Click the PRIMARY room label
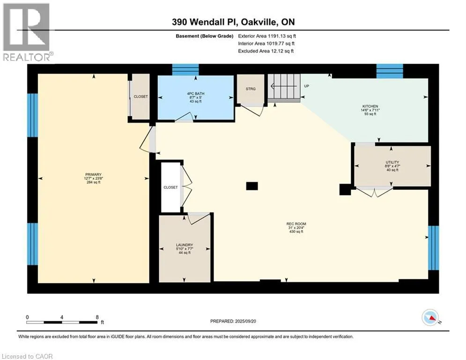pos(93,175)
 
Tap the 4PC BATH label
pos(196,94)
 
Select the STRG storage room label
pos(251,89)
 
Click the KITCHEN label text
pos(370,106)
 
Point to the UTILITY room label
pos(392,163)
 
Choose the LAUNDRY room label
pos(185,245)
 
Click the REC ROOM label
pos(296,224)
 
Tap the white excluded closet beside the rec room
pos(170,187)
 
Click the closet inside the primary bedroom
pos(141,97)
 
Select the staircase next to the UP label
pos(284,88)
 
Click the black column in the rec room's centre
pos(251,186)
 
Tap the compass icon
pos(430,317)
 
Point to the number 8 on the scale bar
pos(97,317)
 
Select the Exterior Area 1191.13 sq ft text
pos(267,36)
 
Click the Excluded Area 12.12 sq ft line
pos(266,51)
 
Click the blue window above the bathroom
pos(185,70)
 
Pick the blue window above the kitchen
pos(390,71)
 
